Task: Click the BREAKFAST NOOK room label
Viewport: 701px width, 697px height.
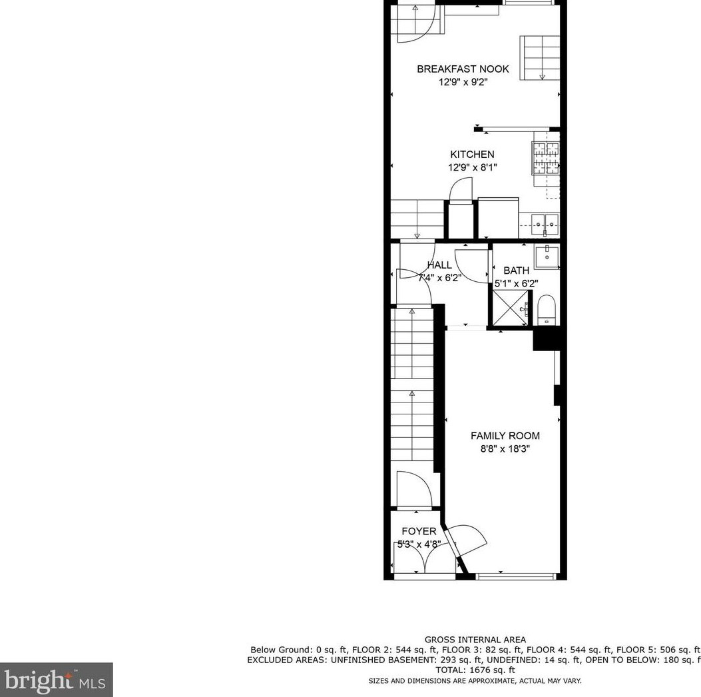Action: [x=463, y=69]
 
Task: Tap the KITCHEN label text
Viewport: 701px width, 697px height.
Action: [x=472, y=155]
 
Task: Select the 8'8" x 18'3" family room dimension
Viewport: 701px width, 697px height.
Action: [x=505, y=448]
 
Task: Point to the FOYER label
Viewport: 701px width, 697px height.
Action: [x=419, y=531]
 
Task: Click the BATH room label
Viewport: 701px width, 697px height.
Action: [x=517, y=271]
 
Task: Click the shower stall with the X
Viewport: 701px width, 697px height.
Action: [x=510, y=309]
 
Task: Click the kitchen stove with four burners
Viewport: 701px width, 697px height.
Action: [x=545, y=158]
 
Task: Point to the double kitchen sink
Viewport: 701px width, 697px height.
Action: [x=545, y=225]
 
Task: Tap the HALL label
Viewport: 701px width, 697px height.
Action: [x=439, y=265]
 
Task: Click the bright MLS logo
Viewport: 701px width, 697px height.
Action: [x=56, y=680]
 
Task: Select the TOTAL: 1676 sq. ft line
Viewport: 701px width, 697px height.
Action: [x=475, y=670]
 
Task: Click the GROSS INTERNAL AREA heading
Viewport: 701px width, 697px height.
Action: [x=475, y=640]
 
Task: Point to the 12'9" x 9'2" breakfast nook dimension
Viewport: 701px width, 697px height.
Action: [x=463, y=82]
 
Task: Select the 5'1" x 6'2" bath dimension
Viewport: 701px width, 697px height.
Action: [x=517, y=283]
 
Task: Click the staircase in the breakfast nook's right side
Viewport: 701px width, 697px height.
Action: [x=540, y=58]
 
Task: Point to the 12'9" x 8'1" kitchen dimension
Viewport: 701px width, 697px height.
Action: [x=473, y=167]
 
